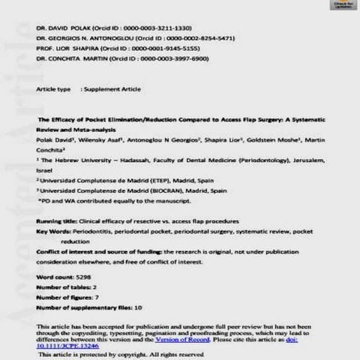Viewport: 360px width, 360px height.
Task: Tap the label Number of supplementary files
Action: pos(83,307)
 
